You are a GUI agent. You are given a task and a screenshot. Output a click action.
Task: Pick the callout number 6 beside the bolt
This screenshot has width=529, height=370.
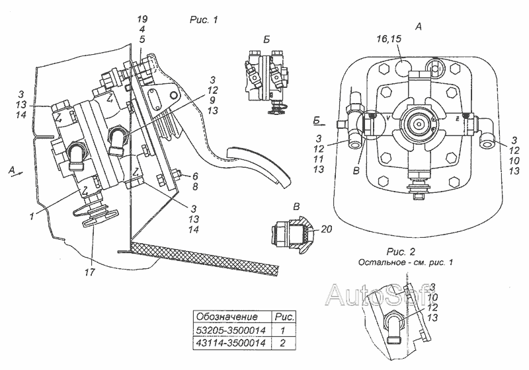click(187, 176)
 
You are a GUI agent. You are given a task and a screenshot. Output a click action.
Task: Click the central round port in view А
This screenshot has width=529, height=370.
click(418, 124)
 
